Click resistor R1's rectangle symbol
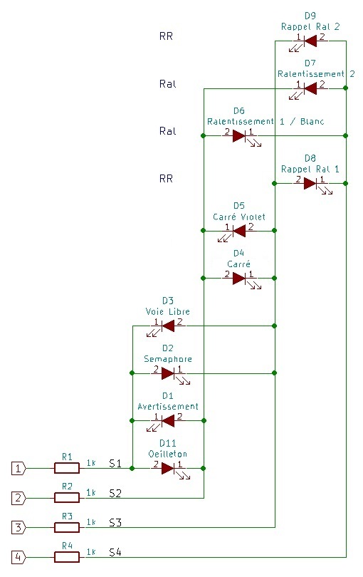tap(67, 468)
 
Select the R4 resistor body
tap(67, 557)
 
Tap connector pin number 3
tap(19, 528)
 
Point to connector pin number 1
tap(19, 469)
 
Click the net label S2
tap(115, 493)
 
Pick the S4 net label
tap(115, 552)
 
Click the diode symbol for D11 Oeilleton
tap(169, 469)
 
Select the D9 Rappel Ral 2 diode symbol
tap(310, 41)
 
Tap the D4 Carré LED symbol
tap(239, 279)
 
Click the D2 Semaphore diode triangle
tap(168, 373)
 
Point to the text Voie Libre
tap(168, 311)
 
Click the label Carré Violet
tap(239, 217)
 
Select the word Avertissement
tap(168, 406)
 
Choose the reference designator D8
tap(310, 158)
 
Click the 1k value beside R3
tap(91, 522)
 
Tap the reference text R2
tap(67, 487)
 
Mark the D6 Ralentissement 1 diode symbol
tap(239, 136)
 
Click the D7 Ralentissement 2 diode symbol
tap(310, 88)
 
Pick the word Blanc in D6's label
tap(312, 121)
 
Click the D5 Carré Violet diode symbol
tap(239, 231)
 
